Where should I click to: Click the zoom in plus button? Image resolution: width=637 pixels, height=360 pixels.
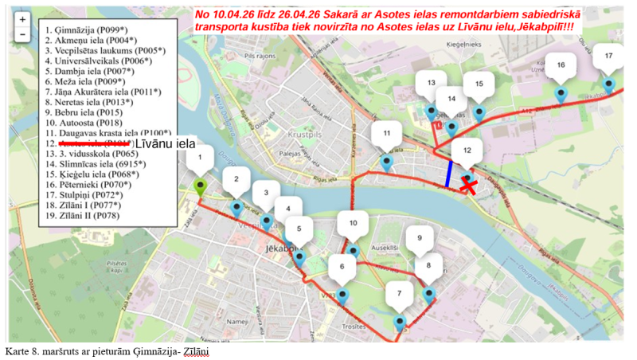coord(23,18)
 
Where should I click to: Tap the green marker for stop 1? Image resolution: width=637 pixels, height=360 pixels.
coord(200,188)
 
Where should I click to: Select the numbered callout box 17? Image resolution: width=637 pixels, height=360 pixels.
coord(608,56)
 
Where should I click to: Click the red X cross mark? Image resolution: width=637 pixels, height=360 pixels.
coord(471,186)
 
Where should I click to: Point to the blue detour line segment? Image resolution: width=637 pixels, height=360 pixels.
coord(449,174)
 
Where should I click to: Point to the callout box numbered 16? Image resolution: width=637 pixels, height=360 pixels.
coord(561,65)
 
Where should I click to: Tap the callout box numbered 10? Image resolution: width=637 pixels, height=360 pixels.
coord(353,224)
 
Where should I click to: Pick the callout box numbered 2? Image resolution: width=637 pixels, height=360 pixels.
coord(236,181)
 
